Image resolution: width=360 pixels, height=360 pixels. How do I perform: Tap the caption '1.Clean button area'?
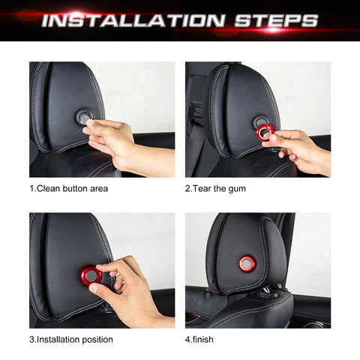tap(68, 188)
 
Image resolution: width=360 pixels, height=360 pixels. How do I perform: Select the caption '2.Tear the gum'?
tap(215, 188)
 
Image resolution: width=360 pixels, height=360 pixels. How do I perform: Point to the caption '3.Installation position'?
tap(71, 339)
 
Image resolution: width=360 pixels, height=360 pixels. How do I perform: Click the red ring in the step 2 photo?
tap(264, 133)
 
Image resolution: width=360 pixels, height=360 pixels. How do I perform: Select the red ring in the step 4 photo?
tap(247, 263)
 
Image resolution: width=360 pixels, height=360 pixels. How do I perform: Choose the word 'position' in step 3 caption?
tap(95, 340)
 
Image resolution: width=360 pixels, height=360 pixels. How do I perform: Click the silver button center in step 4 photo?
tap(247, 263)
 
